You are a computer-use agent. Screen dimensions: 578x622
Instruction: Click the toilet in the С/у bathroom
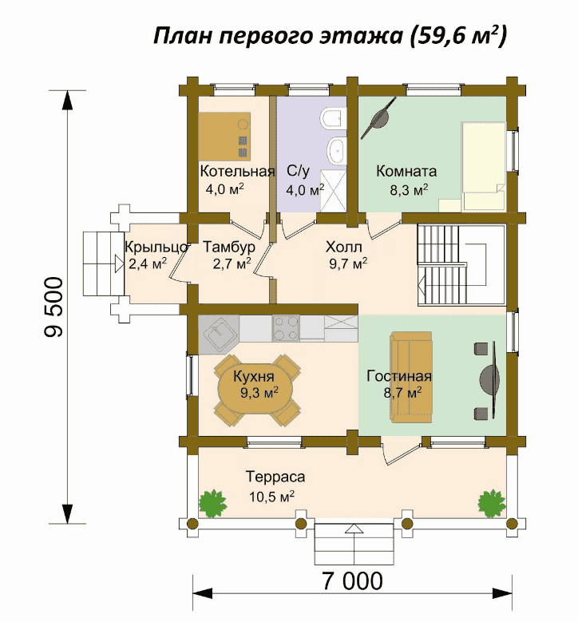tap(332, 117)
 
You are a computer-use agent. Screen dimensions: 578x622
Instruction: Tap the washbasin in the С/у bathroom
tap(336, 150)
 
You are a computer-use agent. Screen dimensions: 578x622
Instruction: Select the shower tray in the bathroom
tap(333, 190)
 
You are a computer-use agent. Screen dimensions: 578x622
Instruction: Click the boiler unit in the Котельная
tap(224, 136)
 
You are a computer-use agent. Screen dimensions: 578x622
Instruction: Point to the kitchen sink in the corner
tap(219, 334)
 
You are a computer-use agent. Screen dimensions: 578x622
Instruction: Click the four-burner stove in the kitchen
tap(286, 328)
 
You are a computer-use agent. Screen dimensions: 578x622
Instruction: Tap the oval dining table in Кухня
tap(256, 390)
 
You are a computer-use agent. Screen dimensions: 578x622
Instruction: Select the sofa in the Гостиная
tap(411, 377)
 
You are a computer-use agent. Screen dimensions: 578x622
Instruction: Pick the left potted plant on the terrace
tap(212, 503)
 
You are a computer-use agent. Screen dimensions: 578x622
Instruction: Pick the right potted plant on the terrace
tap(492, 503)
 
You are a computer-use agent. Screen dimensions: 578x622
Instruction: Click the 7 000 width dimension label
tap(352, 581)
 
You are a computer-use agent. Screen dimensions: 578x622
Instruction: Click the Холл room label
tap(344, 248)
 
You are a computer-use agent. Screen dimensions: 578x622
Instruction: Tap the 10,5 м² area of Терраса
tap(271, 497)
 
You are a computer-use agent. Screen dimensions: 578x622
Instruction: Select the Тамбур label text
tap(229, 248)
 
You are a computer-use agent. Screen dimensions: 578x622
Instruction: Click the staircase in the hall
tap(461, 265)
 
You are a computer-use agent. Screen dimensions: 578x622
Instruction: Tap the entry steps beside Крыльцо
tap(104, 263)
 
